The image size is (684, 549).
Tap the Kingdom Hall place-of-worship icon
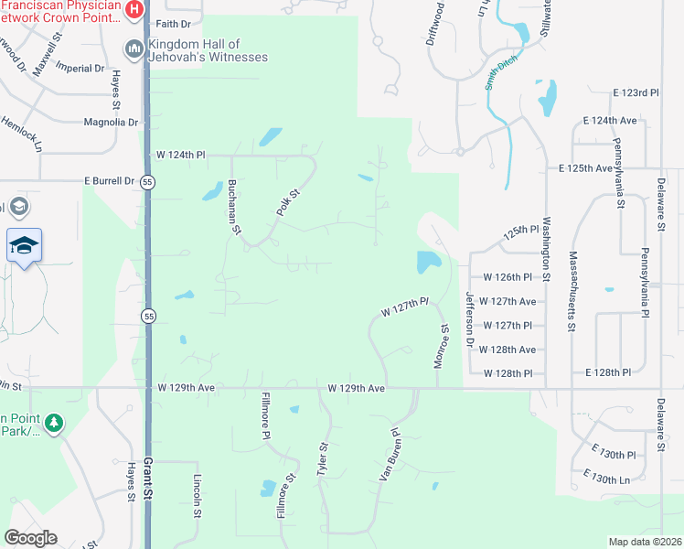(134, 48)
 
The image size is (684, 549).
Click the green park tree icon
(55, 423)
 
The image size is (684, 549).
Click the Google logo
(30, 538)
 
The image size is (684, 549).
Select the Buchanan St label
(233, 208)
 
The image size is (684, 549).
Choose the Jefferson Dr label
(470, 319)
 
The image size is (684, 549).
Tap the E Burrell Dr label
(109, 181)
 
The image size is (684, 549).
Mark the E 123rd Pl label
(636, 93)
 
